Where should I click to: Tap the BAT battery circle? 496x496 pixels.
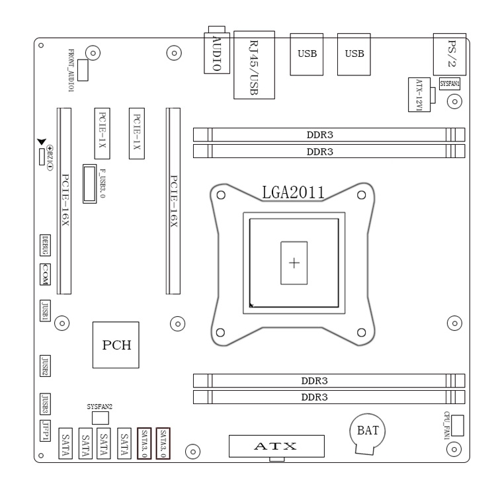click(x=367, y=432)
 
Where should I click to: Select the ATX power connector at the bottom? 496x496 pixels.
click(x=277, y=446)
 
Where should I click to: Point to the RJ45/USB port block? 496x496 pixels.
click(x=253, y=64)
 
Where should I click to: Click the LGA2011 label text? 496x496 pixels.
click(x=292, y=192)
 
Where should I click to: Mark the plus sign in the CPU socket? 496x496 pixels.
click(x=294, y=263)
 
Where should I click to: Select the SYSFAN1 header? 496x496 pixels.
click(x=450, y=84)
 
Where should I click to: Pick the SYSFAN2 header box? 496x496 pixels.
click(x=100, y=418)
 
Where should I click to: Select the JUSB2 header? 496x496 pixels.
click(x=46, y=365)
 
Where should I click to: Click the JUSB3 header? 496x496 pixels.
click(x=46, y=401)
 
